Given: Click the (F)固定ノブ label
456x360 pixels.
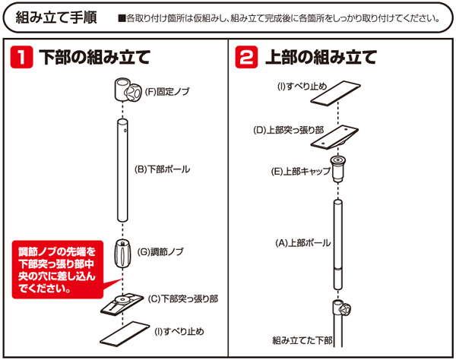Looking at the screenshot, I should coord(166,92).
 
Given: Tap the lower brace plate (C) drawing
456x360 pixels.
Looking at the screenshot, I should coord(122,304).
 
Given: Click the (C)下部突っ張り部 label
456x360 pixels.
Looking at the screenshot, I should coord(182,298).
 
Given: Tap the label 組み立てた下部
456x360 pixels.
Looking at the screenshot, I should coord(302,340).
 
